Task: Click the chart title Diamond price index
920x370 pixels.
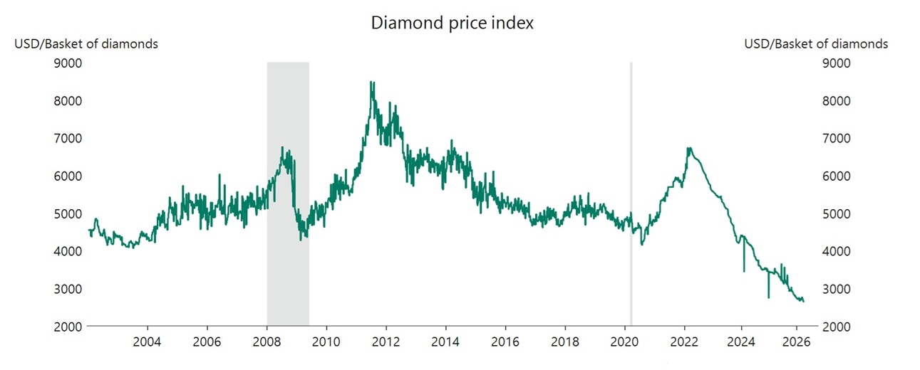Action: click(x=453, y=23)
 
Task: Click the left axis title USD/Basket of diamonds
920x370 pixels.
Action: click(x=86, y=44)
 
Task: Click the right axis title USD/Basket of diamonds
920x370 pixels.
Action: click(x=816, y=44)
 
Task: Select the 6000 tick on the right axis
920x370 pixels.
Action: click(x=839, y=176)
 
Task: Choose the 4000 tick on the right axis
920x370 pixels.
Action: click(x=839, y=251)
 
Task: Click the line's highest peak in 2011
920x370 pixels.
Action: click(x=371, y=83)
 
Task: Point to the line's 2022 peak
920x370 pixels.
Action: click(x=688, y=148)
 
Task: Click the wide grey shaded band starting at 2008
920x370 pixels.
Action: click(x=288, y=192)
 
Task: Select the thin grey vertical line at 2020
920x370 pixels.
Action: click(x=631, y=192)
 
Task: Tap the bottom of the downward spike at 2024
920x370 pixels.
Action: click(x=744, y=271)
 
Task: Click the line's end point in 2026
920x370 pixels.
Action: click(x=804, y=301)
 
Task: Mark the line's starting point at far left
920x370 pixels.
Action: click(x=89, y=230)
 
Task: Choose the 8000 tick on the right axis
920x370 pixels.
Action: click(x=839, y=101)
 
